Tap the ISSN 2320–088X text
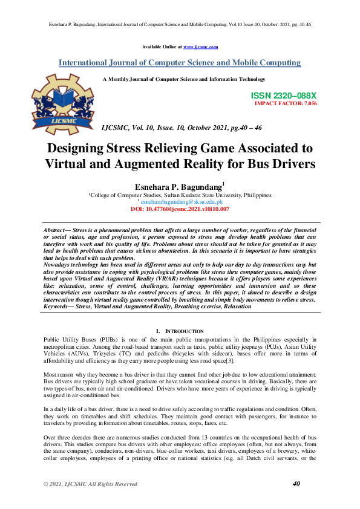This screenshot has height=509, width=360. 283,96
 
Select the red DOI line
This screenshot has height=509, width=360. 180,209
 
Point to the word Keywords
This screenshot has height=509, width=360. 58,307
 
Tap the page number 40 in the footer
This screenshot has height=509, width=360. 296,484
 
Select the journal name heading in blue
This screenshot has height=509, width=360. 180,63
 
